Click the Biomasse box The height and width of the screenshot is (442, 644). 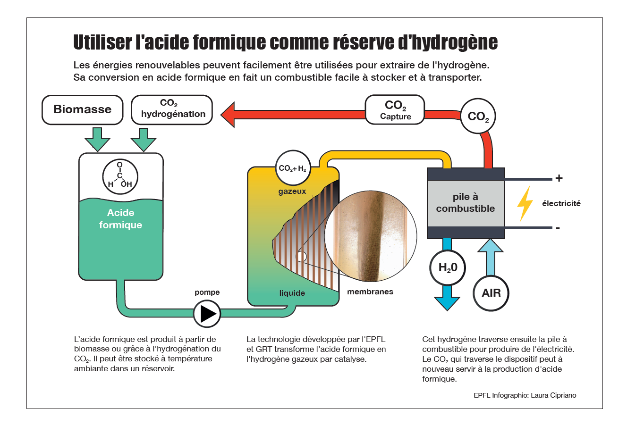tap(83, 110)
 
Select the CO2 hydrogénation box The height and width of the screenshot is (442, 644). tap(172, 110)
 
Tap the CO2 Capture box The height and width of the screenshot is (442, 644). tap(395, 110)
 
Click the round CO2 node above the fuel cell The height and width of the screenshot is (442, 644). tap(478, 116)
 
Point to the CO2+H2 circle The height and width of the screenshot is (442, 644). tap(293, 168)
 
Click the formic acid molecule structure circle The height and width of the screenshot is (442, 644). tap(120, 177)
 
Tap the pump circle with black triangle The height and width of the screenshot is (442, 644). tap(207, 314)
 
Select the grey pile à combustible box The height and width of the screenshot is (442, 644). tap(466, 203)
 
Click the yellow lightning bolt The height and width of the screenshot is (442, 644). tap(525, 203)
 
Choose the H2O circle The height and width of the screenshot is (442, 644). tap(448, 267)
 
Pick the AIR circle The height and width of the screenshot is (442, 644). tap(491, 293)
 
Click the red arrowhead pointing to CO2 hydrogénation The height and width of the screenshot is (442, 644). tap(228, 115)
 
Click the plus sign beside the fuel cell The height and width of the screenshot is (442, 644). tap(559, 178)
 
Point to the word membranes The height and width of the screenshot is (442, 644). tap(370, 292)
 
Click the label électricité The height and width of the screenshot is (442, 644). tap(561, 204)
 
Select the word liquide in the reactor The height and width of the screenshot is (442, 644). tap(292, 293)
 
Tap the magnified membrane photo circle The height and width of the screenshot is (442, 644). tap(371, 236)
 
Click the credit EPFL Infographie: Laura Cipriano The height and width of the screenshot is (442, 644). tap(525, 395)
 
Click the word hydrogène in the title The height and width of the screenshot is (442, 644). tap(454, 42)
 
